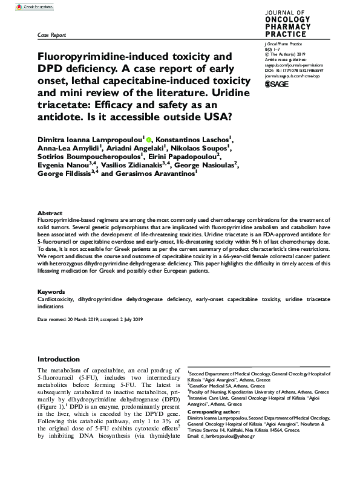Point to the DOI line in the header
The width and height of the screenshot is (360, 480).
[292, 70]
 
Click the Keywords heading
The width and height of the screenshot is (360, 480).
[51, 292]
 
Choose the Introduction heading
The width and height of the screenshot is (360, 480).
[62, 358]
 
